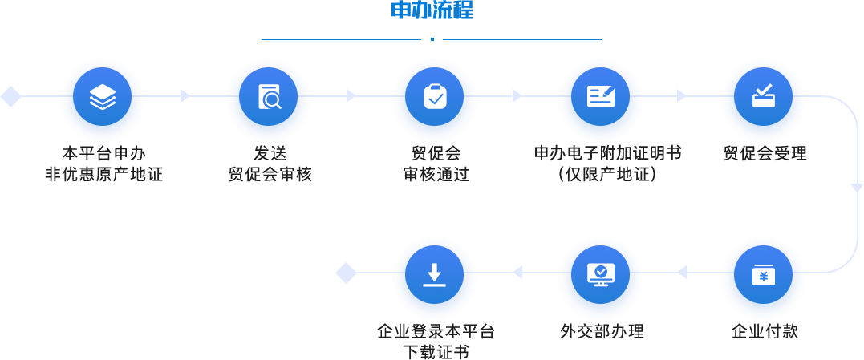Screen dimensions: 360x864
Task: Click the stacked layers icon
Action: click(x=102, y=97)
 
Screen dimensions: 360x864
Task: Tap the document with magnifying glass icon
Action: click(x=268, y=97)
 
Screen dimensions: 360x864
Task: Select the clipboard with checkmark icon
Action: click(x=434, y=97)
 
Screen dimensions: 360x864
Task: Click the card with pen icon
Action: click(x=600, y=97)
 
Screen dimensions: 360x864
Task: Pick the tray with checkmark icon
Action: click(x=763, y=97)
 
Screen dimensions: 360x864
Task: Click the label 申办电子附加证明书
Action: click(x=608, y=152)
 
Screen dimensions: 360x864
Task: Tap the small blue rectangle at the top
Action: click(x=432, y=9)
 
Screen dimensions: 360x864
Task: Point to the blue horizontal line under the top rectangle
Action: click(x=432, y=38)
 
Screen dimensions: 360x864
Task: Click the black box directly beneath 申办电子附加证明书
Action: click(x=602, y=172)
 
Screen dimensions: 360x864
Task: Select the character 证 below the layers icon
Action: click(x=156, y=173)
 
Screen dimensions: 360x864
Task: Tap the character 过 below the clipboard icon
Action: click(x=463, y=173)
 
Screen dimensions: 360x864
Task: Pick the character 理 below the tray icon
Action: click(x=798, y=153)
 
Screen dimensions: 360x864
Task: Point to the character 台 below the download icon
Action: click(x=488, y=331)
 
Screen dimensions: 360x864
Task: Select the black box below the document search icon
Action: click(x=269, y=164)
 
